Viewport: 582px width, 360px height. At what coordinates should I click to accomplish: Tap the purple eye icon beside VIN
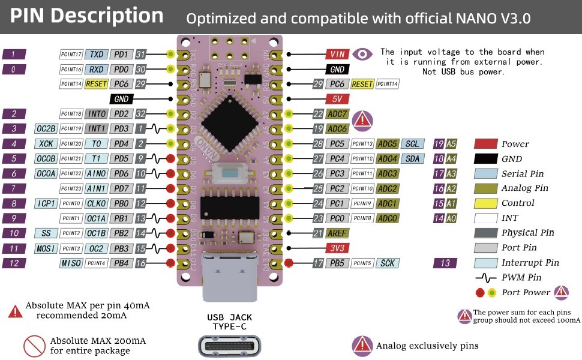coord(362,54)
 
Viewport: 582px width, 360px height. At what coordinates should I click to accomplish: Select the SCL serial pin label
coord(412,144)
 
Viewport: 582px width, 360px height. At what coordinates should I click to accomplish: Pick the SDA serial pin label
coord(412,159)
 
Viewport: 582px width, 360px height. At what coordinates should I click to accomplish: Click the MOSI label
coord(46,248)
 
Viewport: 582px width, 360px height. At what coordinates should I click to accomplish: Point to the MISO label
coord(71,263)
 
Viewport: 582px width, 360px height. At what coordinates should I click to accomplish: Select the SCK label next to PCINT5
coord(387,263)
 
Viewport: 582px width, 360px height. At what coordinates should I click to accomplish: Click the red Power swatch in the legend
coord(485,144)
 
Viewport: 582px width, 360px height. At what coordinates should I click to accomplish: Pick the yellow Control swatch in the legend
coord(485,203)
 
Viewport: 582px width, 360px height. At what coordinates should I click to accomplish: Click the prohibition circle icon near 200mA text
coord(35,346)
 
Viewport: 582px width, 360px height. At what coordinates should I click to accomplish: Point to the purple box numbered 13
coord(445,263)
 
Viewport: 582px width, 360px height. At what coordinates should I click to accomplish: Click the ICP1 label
coord(46,203)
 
